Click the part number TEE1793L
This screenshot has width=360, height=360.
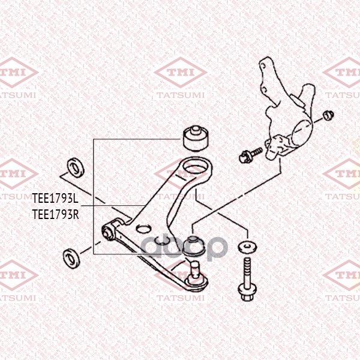pyautogui.click(x=55, y=199)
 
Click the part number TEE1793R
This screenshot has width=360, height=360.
pyautogui.click(x=56, y=214)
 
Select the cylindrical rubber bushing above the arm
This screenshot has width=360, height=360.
pyautogui.click(x=196, y=138)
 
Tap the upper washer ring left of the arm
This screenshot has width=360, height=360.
pyautogui.click(x=76, y=167)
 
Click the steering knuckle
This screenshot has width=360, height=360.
pyautogui.click(x=288, y=110)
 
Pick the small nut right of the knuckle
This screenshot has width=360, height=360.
pyautogui.click(x=328, y=115)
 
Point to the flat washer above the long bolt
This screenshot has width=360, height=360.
pyautogui.click(x=247, y=247)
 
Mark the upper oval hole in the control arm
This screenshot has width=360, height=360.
pyautogui.click(x=143, y=229)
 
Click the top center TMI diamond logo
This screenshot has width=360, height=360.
pyautogui.click(x=181, y=73)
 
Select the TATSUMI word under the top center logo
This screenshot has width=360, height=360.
pyautogui.click(x=181, y=95)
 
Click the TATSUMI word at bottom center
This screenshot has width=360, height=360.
pyautogui.click(x=181, y=298)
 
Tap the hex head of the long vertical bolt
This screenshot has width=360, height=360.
pyautogui.click(x=247, y=294)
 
